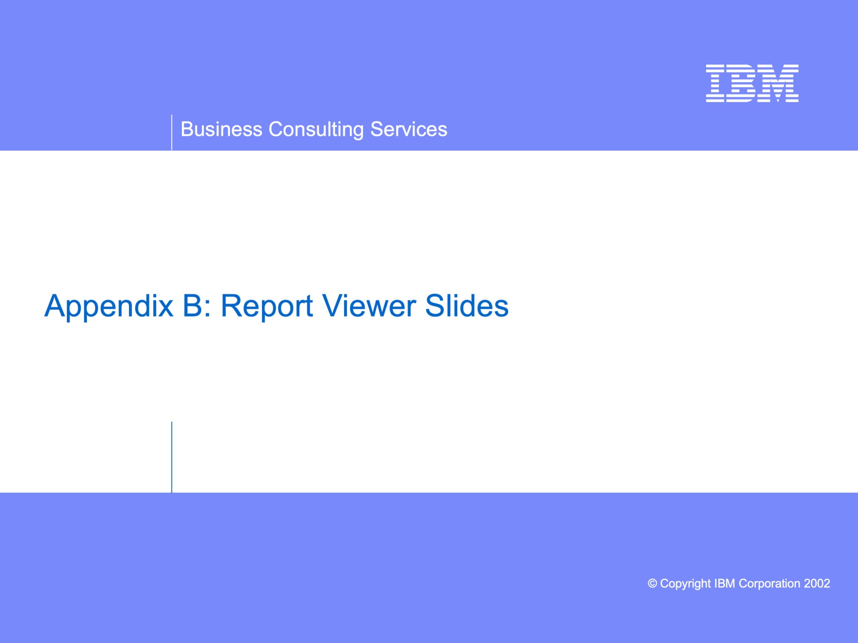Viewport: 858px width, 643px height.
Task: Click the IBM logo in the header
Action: click(x=752, y=83)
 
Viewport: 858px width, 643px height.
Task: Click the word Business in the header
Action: click(x=222, y=129)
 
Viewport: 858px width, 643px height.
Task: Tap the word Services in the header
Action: click(x=409, y=129)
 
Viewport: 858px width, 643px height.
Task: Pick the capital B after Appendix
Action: click(x=192, y=305)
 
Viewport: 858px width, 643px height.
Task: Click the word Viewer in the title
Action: click(x=370, y=305)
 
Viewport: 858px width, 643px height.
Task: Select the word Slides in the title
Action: click(x=467, y=305)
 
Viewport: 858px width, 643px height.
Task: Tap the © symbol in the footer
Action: click(x=653, y=583)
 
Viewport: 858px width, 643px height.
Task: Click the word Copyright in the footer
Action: click(x=685, y=584)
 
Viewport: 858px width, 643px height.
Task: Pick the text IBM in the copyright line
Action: click(x=725, y=583)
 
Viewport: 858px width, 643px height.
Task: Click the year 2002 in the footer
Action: click(x=817, y=583)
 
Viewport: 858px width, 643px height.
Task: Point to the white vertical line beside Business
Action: click(x=172, y=132)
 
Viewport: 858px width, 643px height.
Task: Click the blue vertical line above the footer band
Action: click(x=172, y=457)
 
